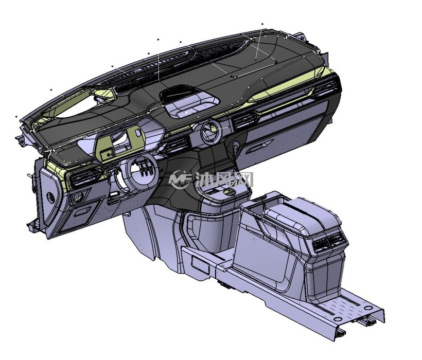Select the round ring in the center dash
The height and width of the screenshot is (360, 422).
tap(210, 132)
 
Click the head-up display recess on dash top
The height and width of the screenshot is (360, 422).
tap(189, 101)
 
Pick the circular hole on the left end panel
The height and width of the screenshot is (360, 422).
tap(50, 197)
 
